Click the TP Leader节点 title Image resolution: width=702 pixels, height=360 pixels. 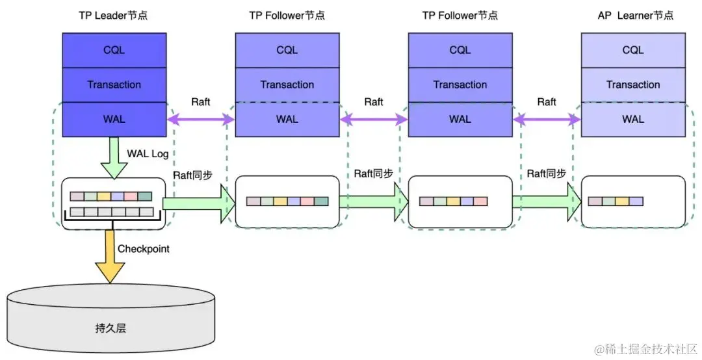pyautogui.click(x=114, y=14)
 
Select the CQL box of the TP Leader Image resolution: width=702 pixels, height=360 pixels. pyautogui.click(x=114, y=50)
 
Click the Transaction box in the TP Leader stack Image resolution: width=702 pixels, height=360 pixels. pyautogui.click(x=114, y=84)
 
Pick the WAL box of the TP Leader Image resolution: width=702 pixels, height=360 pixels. pyautogui.click(x=114, y=119)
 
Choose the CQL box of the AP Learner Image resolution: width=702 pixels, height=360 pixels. pyautogui.click(x=632, y=50)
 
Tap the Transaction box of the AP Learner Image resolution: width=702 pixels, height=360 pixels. pyautogui.click(x=632, y=84)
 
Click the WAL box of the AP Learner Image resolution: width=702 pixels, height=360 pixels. pyautogui.click(x=632, y=119)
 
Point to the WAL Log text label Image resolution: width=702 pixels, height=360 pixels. pyautogui.click(x=147, y=153)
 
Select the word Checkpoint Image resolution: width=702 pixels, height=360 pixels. pyautogui.click(x=143, y=248)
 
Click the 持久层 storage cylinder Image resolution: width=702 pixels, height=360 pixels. pyautogui.click(x=110, y=322)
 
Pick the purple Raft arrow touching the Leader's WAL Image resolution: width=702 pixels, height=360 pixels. pyautogui.click(x=200, y=119)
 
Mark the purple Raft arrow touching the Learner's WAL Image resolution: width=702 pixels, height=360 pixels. pyautogui.click(x=547, y=119)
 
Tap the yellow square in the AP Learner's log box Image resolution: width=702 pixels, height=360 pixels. pyautogui.click(x=622, y=201)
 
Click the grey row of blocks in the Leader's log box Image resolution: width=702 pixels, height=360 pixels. pyautogui.click(x=111, y=211)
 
